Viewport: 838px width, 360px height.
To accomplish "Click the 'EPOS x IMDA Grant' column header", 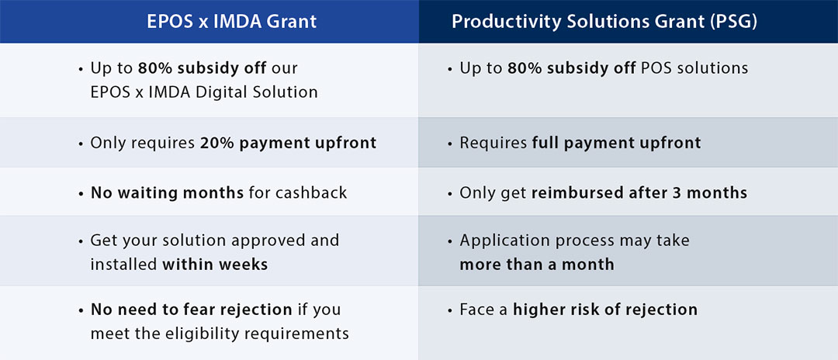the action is [231, 22].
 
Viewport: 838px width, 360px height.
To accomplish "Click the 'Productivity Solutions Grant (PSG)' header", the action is [604, 22].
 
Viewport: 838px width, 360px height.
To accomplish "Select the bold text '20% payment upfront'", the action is [289, 143].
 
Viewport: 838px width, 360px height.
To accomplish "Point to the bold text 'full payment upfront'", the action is [616, 143].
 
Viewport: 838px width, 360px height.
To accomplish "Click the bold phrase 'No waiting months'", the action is [168, 192].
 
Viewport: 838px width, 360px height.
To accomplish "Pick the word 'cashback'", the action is [311, 192].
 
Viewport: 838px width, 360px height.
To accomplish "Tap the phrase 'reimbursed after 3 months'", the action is [639, 192].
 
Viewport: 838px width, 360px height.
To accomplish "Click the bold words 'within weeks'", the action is [215, 265].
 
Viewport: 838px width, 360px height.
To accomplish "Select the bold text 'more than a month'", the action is [537, 265].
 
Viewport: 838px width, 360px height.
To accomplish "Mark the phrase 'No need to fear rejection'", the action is [192, 310].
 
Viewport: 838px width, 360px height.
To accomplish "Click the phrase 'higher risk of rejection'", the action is [605, 310].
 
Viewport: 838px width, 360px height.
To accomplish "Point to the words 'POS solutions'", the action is [694, 68].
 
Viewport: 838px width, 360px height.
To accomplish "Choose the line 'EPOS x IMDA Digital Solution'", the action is [204, 92].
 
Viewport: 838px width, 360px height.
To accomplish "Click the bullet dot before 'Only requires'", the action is [80, 144].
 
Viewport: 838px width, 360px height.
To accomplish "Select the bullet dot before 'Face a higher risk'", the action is [449, 310].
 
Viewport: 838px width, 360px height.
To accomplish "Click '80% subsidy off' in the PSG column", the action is [571, 68].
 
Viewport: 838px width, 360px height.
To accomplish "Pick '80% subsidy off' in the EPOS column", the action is [202, 68].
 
